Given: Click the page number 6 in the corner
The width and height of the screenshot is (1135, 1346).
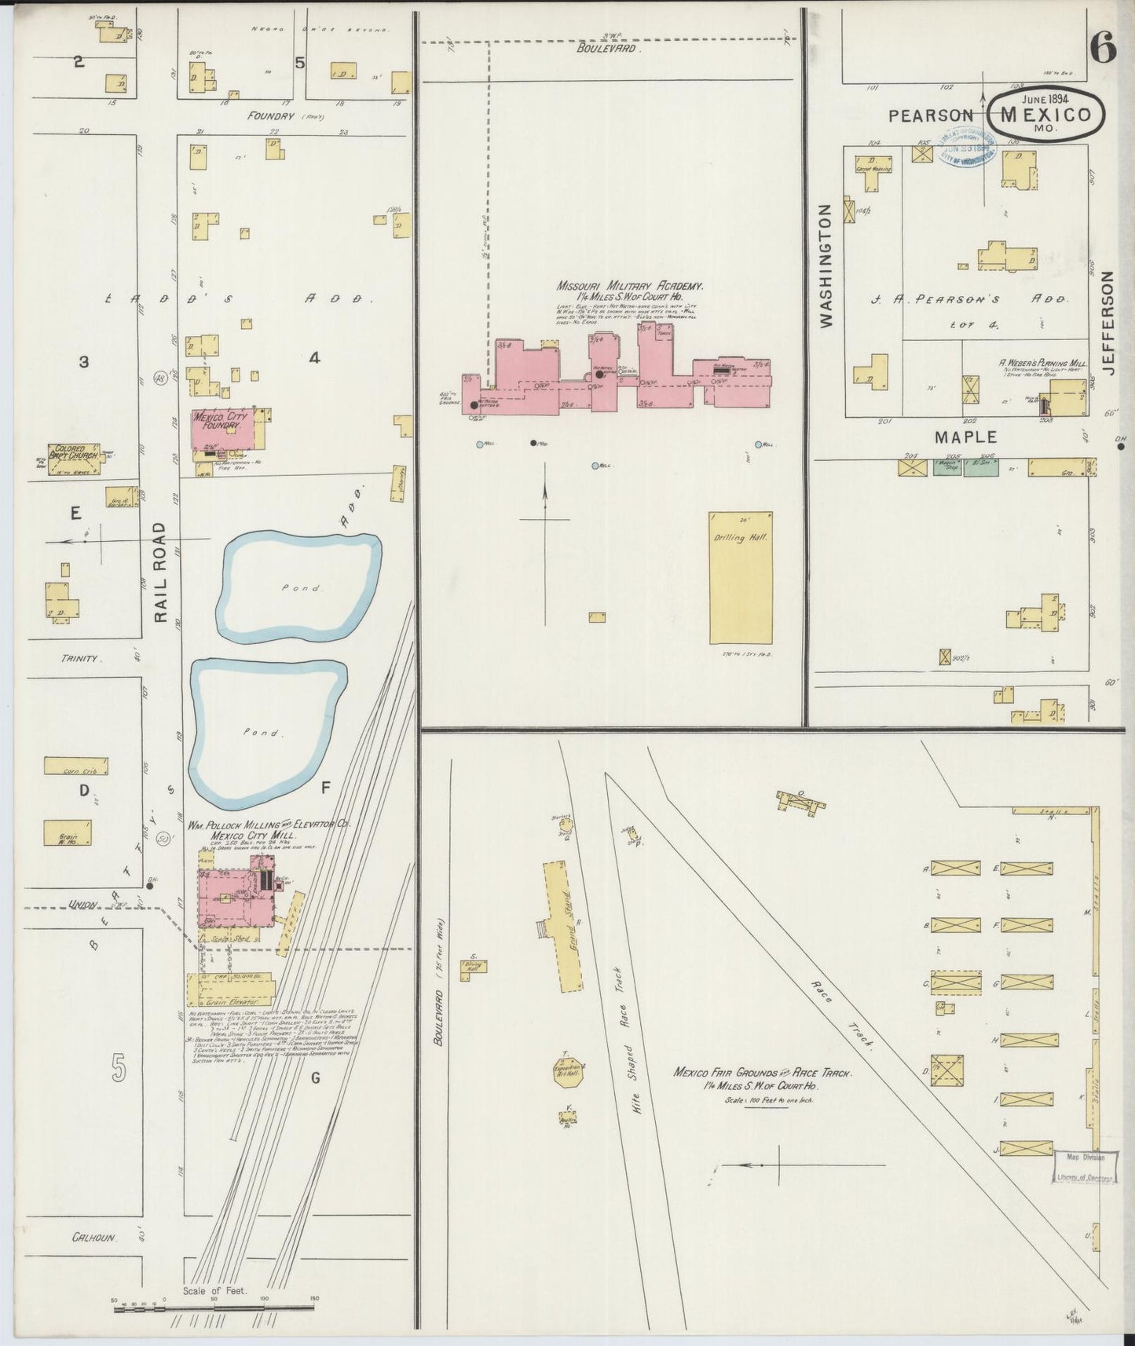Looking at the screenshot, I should coord(1102,49).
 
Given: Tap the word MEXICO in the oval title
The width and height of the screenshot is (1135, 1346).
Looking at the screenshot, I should coord(1045,115).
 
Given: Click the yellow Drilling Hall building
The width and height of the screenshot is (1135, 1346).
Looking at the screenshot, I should coord(741,579).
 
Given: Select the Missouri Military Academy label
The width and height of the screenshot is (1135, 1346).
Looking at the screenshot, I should coord(630,287).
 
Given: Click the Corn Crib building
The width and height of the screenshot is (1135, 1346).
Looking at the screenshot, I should coord(75,766).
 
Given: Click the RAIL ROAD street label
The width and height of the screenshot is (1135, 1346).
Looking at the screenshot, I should coord(161,572).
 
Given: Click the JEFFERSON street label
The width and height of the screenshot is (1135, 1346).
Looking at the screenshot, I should coord(1109,324).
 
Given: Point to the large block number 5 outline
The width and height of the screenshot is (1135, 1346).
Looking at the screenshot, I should coord(119,1068).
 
